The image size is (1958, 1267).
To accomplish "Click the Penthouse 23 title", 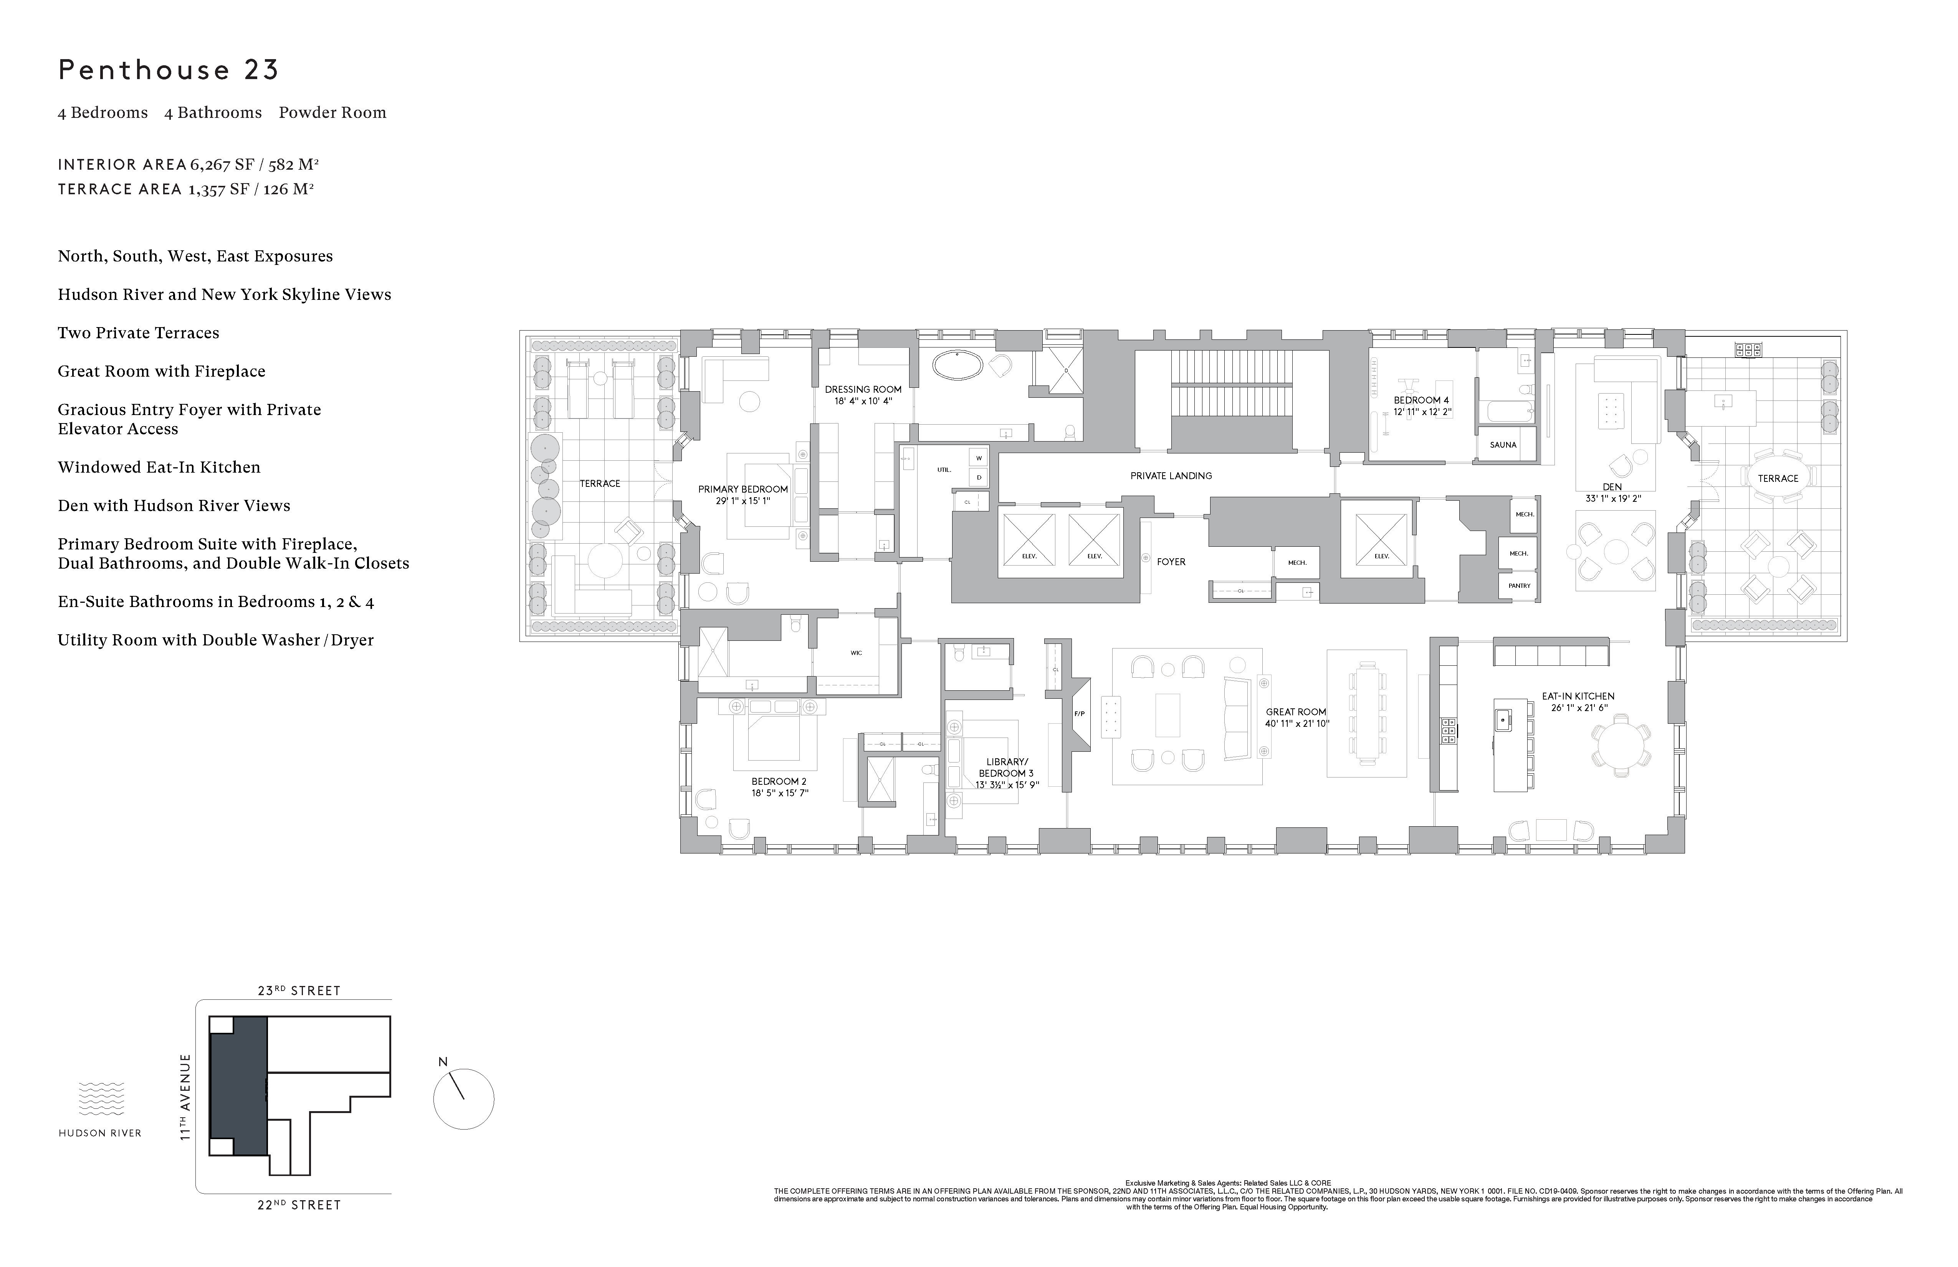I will point(169,70).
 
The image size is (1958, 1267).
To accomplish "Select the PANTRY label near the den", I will point(1519,586).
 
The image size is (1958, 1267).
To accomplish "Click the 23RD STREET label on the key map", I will point(299,991).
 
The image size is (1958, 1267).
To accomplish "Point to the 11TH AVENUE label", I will point(186,1097).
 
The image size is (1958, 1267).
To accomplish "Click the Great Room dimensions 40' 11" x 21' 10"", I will point(1297,724).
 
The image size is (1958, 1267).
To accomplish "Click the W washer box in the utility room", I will point(979,458).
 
